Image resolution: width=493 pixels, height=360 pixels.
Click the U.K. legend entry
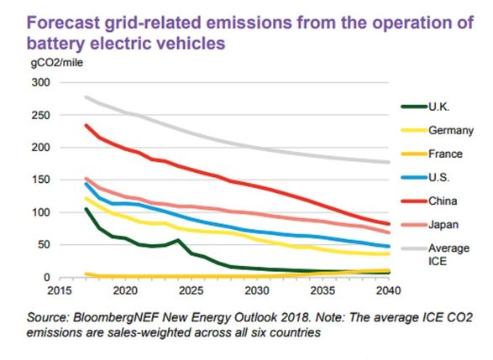tap(439, 107)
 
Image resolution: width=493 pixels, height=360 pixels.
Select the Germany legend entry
tap(451, 130)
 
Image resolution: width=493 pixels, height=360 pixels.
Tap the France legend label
tap(445, 154)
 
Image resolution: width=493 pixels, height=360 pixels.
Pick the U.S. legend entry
tap(439, 178)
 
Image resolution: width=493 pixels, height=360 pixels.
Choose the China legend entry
tap(443, 201)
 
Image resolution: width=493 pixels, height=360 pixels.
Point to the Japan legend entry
tap(443, 225)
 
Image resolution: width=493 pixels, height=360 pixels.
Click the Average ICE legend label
tap(449, 254)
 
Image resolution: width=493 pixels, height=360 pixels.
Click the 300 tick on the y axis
tap(41, 82)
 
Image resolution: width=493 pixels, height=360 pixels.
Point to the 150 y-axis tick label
tap(41, 180)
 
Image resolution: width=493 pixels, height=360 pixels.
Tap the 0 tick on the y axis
tap(47, 278)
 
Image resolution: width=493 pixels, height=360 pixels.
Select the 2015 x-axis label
tap(60, 290)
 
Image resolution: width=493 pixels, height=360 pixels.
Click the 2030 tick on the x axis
tap(257, 290)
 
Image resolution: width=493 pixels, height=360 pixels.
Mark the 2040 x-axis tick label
tap(389, 290)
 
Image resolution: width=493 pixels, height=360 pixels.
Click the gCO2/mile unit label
tap(57, 62)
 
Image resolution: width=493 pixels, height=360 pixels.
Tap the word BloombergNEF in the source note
tap(116, 317)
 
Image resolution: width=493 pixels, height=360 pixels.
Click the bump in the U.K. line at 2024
tap(178, 241)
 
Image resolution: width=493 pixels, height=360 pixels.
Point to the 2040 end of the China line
tap(389, 224)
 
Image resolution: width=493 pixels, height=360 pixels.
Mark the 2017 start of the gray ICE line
tap(87, 97)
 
